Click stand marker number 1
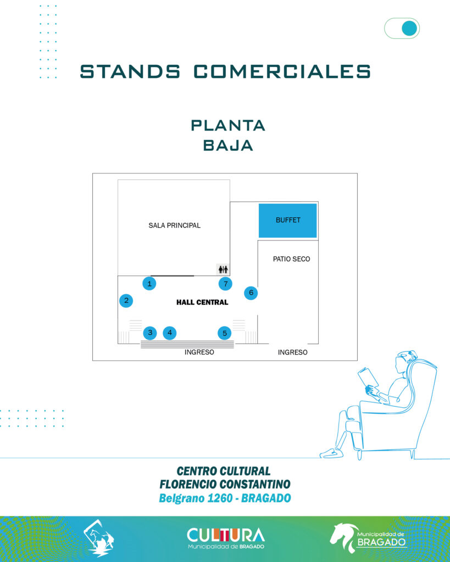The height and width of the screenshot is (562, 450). coord(149,284)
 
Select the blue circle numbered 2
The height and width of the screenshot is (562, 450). coord(126,301)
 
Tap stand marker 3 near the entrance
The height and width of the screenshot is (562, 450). coord(150,333)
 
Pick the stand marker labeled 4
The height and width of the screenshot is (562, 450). coord(170,333)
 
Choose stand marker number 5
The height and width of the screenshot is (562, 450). coord(224,333)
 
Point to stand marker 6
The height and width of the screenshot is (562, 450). coord(251,293)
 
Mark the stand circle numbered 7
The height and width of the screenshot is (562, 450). coord(225,284)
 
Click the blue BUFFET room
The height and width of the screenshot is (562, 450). coord(288,220)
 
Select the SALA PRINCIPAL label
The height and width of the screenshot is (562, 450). coord(174,226)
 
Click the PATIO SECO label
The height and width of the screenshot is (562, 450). coord(291,259)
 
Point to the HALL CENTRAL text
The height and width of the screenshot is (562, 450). coord(202,302)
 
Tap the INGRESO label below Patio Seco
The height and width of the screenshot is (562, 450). coord(292,352)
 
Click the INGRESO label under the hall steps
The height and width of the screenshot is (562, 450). coord(199,352)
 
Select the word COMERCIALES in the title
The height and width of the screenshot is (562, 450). coord(282,71)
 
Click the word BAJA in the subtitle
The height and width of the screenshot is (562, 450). coord(227,145)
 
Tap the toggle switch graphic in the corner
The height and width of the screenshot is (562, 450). coord(402,29)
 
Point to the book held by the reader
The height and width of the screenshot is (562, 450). coord(368,378)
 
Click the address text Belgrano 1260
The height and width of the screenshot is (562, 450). coord(192,498)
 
